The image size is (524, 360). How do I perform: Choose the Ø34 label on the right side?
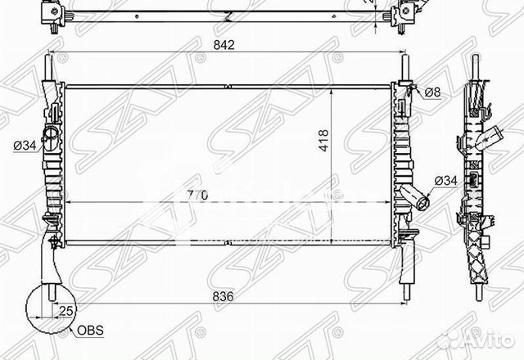(445, 179)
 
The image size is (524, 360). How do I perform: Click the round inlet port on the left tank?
(51, 134)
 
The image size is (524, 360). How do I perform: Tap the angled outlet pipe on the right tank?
(415, 197)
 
